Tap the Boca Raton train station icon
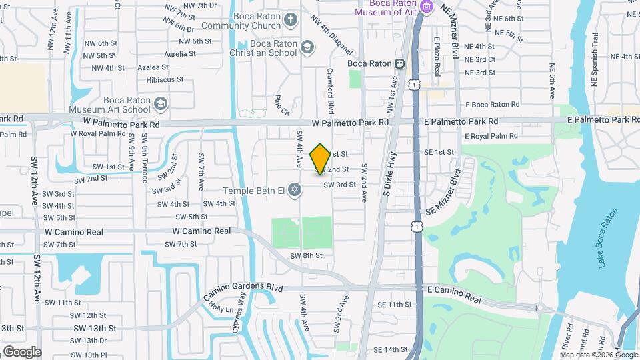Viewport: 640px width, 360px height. (399, 64)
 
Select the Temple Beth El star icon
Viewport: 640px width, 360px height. (292, 191)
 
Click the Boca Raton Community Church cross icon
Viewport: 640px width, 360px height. (290, 19)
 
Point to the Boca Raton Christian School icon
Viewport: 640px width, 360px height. (307, 47)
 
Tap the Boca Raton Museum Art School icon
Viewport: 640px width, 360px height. (160, 103)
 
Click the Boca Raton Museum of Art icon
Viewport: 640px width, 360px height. (427, 7)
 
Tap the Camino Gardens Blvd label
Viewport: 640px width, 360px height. (243, 288)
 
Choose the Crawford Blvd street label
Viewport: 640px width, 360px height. (330, 91)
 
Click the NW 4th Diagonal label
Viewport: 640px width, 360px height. (335, 41)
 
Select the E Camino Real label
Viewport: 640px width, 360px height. (453, 291)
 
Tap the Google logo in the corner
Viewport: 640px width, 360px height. (22, 351)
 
